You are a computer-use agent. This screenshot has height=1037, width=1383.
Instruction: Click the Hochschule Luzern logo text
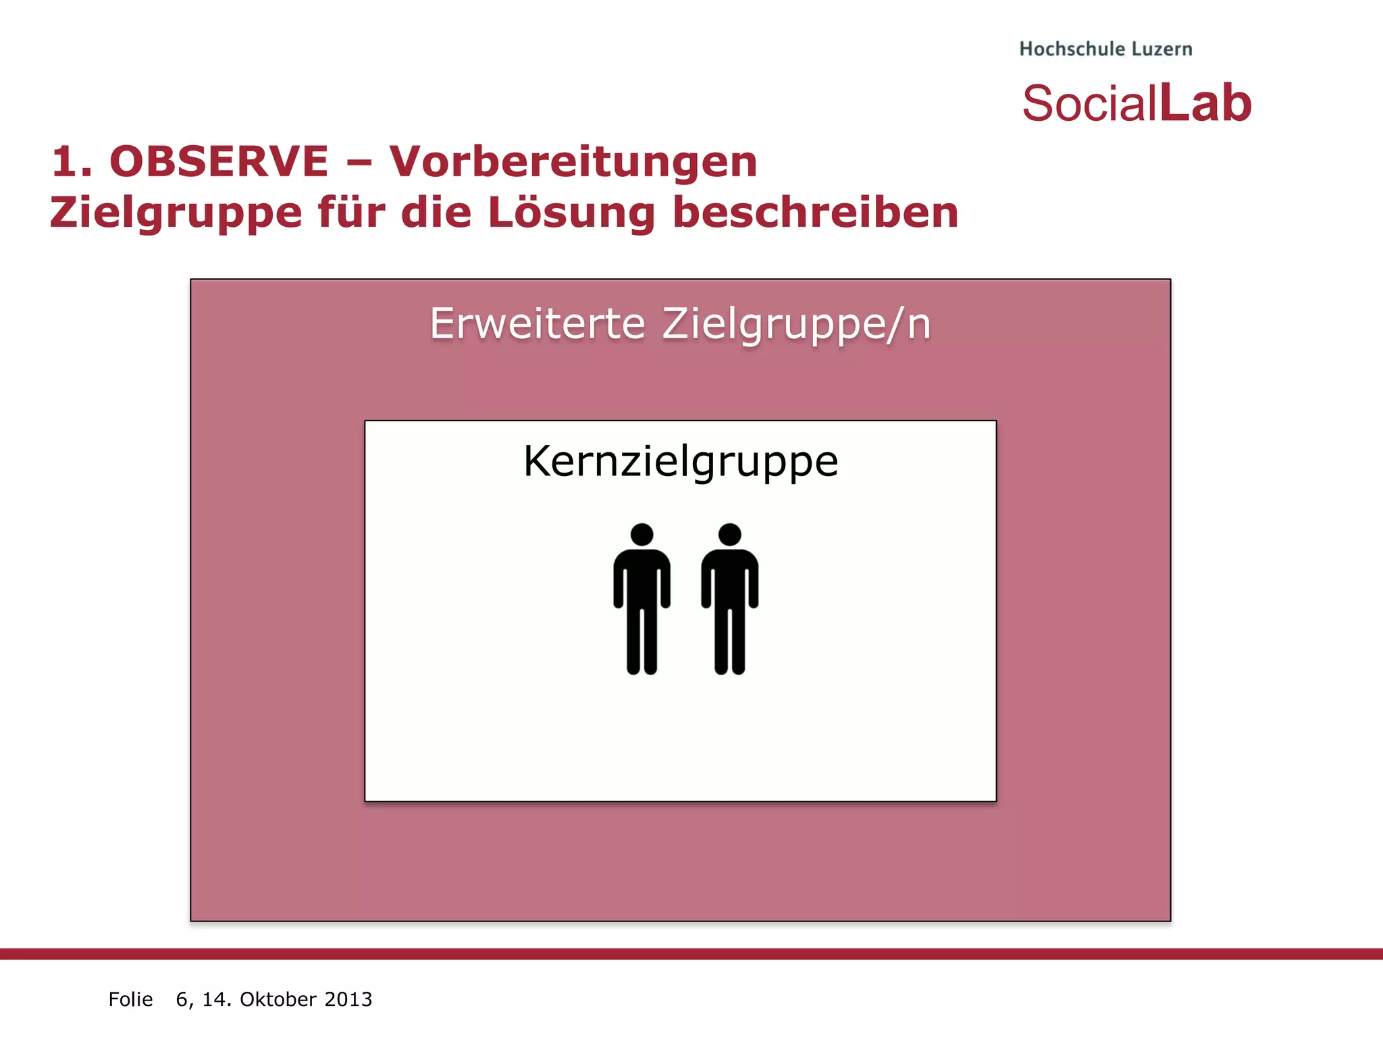point(1105,49)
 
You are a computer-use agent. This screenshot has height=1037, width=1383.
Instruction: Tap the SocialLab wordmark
point(1137,103)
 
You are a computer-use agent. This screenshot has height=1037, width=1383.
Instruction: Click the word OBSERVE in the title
point(219,162)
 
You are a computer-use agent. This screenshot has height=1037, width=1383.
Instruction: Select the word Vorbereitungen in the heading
point(573,162)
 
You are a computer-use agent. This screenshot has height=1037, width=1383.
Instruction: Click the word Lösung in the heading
point(571,213)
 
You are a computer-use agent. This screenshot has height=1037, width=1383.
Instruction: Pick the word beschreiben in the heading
point(815,213)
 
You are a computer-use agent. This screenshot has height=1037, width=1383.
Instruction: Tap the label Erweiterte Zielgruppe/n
point(680,324)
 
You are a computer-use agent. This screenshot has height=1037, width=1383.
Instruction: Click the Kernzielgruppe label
point(680,462)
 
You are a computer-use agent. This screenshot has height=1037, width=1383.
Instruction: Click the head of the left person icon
point(642,535)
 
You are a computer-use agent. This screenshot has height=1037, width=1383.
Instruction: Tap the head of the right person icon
point(729,535)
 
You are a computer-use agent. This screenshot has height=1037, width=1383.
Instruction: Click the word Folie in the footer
point(130,999)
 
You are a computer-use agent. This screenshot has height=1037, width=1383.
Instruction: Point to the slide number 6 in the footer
point(182,999)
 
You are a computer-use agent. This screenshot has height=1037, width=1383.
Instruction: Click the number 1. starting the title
point(72,162)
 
